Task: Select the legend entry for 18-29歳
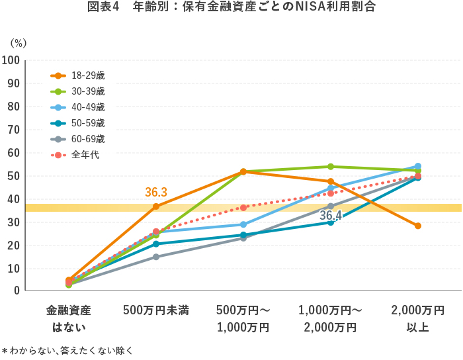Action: click(x=88, y=75)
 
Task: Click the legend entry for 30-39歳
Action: click(x=88, y=91)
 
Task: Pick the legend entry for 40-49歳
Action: click(x=88, y=107)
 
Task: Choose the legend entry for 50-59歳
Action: click(x=88, y=123)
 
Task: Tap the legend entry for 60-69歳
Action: click(x=88, y=139)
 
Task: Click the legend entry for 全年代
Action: click(x=83, y=155)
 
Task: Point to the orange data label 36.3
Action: click(x=156, y=193)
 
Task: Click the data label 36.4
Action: click(x=330, y=216)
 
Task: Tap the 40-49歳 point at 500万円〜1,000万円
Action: click(x=243, y=224)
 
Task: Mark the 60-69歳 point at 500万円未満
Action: click(x=156, y=257)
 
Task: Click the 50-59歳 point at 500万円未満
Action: click(x=156, y=244)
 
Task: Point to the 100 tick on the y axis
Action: click(x=11, y=61)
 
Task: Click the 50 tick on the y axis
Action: click(x=13, y=176)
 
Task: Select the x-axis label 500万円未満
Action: click(x=156, y=310)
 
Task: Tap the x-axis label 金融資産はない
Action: click(x=69, y=318)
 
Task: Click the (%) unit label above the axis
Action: click(x=18, y=43)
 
